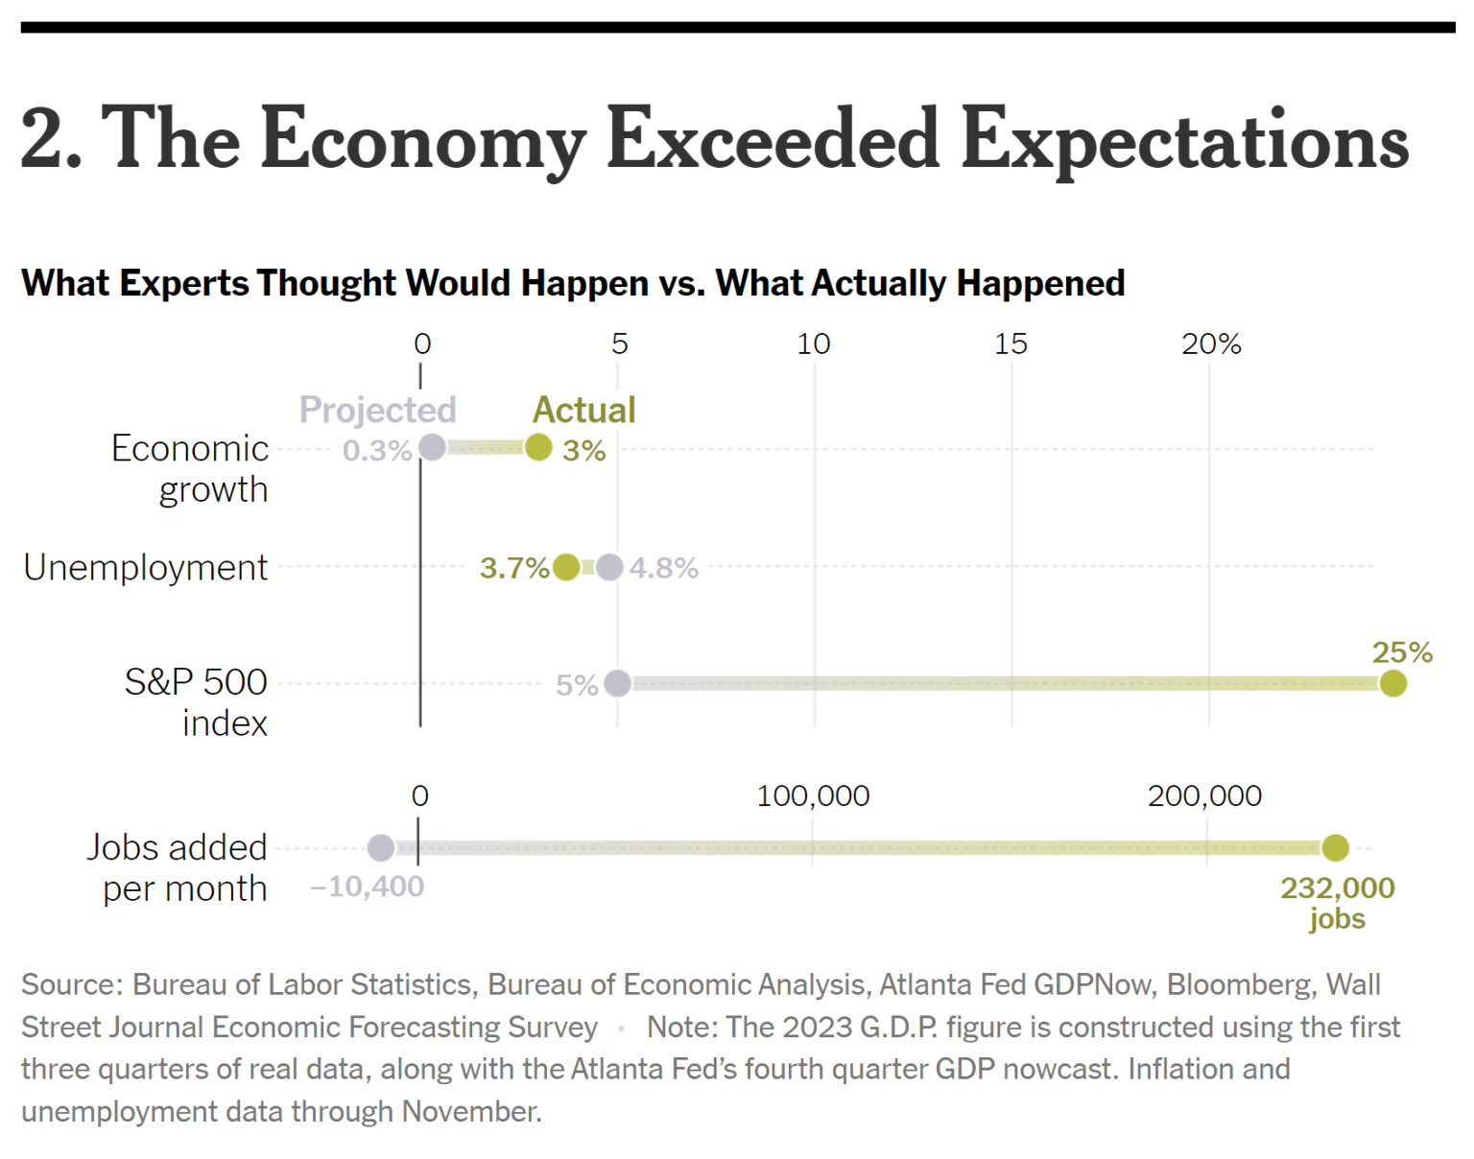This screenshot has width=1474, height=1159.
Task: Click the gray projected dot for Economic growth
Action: click(x=432, y=447)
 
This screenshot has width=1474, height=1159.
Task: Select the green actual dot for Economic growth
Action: click(x=538, y=447)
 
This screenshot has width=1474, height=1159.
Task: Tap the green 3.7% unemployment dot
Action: click(x=566, y=567)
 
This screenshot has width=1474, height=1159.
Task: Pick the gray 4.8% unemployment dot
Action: click(x=609, y=567)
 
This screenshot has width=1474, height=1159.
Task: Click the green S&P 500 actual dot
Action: click(x=1392, y=683)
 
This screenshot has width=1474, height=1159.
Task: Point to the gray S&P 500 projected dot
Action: click(x=618, y=683)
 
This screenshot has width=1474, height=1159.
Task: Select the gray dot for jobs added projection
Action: click(x=381, y=848)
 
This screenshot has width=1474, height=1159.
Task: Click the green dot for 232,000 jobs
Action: click(x=1335, y=848)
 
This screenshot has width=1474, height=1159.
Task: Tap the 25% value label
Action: click(x=1401, y=652)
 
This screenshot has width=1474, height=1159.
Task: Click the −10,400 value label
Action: click(x=367, y=887)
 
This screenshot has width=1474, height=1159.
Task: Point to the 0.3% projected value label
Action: click(x=376, y=450)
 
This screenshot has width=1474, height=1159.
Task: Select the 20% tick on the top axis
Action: click(x=1210, y=343)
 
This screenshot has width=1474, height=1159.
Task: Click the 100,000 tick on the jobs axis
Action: click(x=813, y=795)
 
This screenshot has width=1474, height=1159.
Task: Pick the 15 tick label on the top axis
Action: click(x=1010, y=343)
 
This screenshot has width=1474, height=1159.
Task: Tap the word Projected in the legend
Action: click(x=377, y=410)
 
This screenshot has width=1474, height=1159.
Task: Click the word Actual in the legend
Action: click(x=583, y=410)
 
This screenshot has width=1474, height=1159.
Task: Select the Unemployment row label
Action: click(x=145, y=567)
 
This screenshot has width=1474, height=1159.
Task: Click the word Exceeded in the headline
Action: click(x=772, y=138)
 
